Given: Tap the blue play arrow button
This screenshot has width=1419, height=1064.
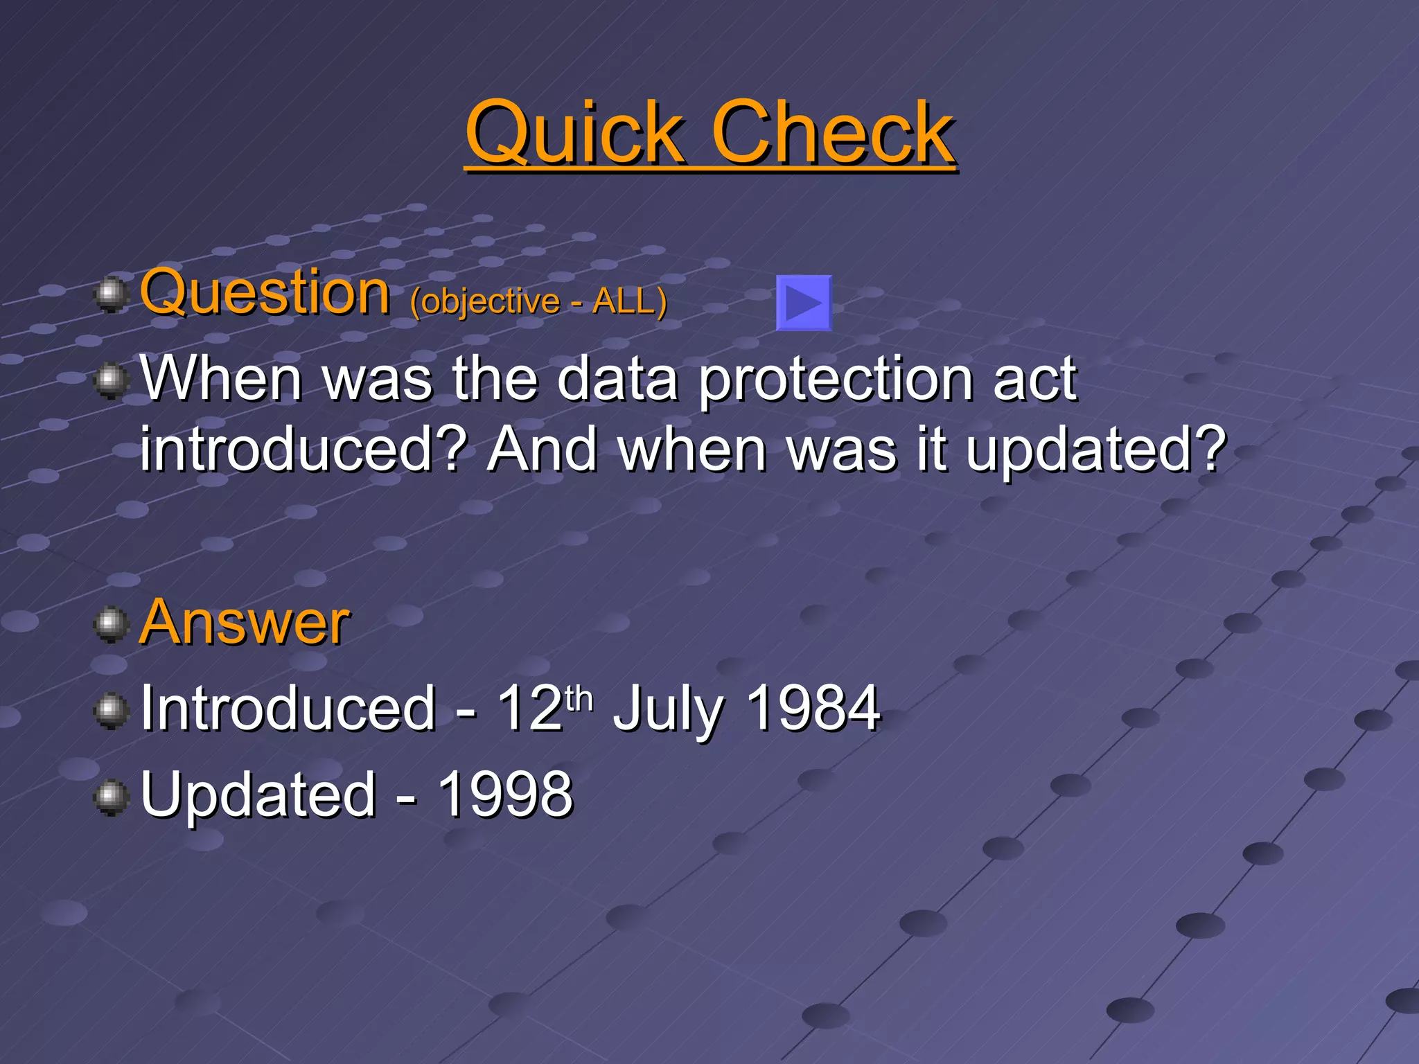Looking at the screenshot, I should pos(804,303).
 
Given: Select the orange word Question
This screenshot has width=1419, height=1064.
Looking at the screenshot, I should pos(265,292).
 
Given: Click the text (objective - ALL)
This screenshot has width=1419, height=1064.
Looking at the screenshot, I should pos(538,301).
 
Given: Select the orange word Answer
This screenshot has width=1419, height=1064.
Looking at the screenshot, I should pos(244,622).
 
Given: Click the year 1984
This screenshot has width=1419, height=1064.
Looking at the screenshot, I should pos(813,708).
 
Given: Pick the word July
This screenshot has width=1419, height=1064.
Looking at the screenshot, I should pos(669,709).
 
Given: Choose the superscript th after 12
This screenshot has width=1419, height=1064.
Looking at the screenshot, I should pos(579,698).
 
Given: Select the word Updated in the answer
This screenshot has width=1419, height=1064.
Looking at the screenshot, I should pos(258,795).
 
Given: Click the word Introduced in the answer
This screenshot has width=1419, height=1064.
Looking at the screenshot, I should pos(288,708).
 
